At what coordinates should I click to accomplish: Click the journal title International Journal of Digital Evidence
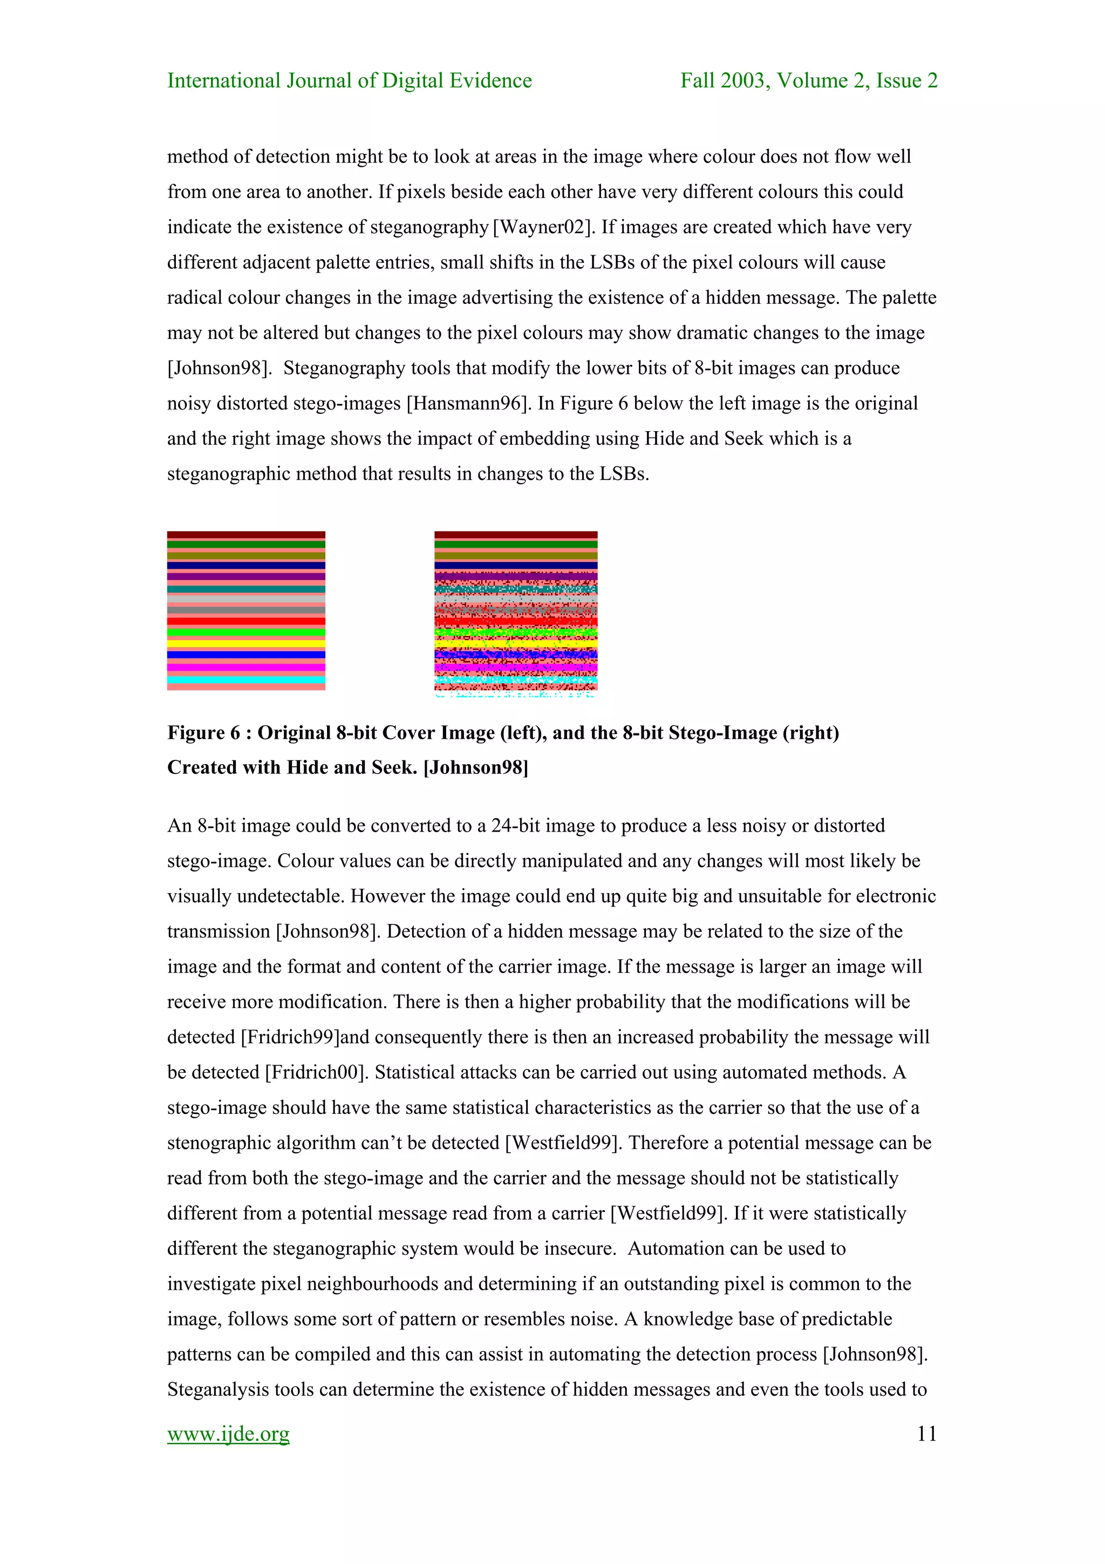349,80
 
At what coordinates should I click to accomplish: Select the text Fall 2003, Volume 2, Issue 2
808,80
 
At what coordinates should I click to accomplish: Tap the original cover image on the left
246,610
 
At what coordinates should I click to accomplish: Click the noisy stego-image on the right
515,613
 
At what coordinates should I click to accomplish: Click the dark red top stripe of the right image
515,535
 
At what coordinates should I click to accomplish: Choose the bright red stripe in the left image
246,621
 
